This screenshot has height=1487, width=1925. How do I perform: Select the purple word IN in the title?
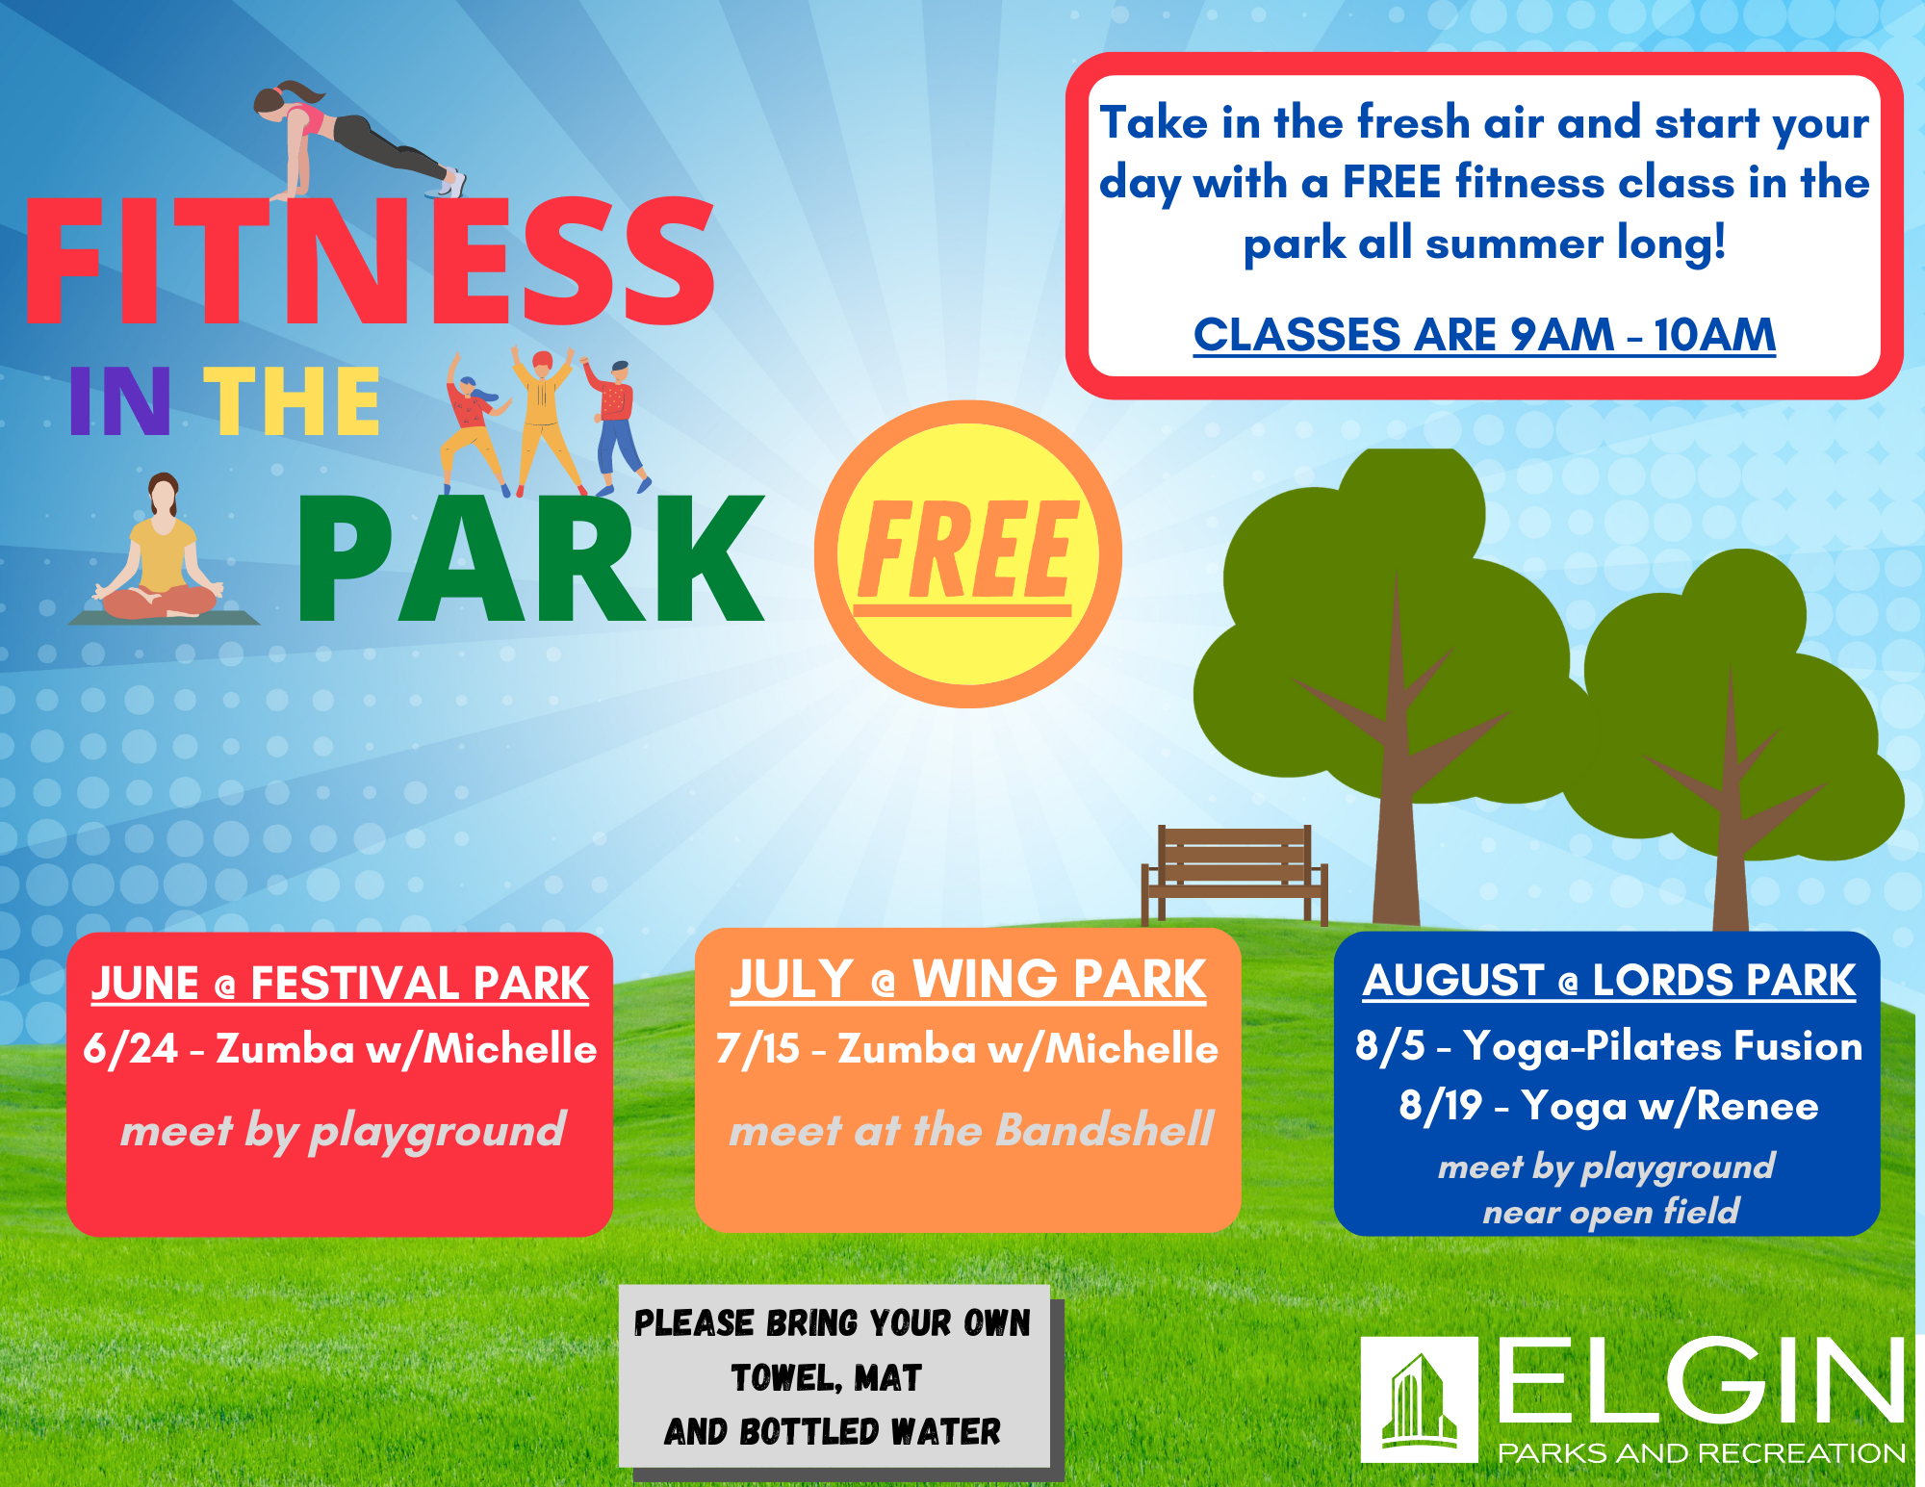[x=119, y=401]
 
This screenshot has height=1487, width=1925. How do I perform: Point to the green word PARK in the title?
[x=531, y=558]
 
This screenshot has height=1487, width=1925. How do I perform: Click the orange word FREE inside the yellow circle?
[x=965, y=551]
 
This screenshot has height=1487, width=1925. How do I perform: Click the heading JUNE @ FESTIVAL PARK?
[x=340, y=984]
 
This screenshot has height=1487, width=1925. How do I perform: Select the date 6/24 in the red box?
[x=131, y=1048]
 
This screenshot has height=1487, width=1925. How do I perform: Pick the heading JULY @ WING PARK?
[x=967, y=980]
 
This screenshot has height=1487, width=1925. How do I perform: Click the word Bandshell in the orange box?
[x=1105, y=1130]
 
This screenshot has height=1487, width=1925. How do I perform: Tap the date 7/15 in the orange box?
[x=758, y=1048]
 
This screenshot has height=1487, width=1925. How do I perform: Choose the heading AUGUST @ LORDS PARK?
[x=1608, y=981]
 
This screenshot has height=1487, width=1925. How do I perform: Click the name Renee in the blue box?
[x=1758, y=1106]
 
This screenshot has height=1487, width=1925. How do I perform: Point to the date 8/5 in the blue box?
[x=1390, y=1046]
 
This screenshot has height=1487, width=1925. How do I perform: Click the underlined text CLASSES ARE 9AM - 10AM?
[x=1484, y=335]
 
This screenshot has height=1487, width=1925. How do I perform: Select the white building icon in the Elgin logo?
[x=1420, y=1400]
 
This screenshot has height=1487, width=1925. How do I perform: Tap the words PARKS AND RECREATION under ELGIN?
[x=1702, y=1452]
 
